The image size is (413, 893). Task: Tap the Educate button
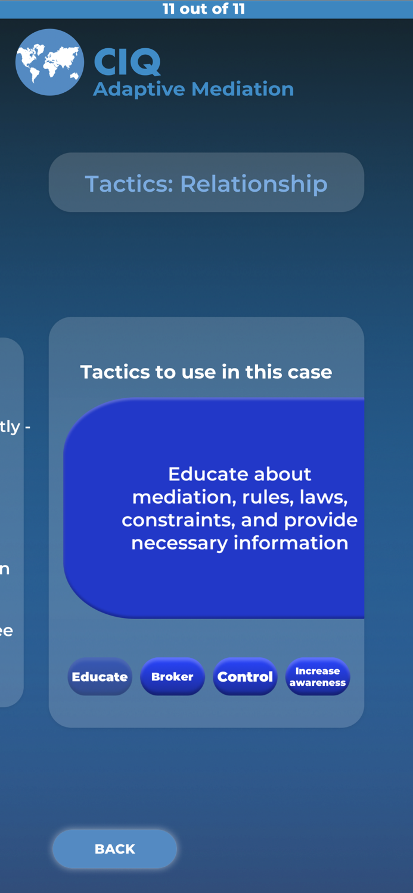coord(100,677)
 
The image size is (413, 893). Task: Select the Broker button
coord(172,677)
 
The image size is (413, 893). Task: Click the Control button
coord(245,677)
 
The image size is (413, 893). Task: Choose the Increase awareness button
coord(318,677)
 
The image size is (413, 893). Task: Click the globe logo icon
coord(49,63)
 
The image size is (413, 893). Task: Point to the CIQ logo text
coord(128,62)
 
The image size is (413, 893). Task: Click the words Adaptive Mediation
coord(193,89)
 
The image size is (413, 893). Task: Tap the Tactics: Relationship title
coord(206,183)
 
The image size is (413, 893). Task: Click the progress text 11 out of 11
coord(204,9)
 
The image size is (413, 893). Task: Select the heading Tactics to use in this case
coord(206,372)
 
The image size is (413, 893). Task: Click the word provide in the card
coord(321,520)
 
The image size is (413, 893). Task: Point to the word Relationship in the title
coord(254,183)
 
